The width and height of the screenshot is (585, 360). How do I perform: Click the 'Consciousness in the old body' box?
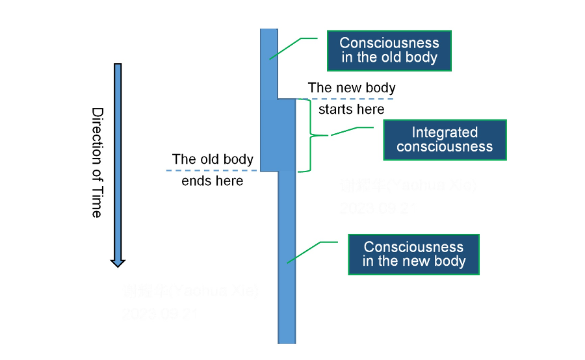tap(389, 50)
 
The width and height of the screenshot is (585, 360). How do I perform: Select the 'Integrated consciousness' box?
tap(445, 140)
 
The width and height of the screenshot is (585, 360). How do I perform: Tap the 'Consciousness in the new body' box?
tap(414, 254)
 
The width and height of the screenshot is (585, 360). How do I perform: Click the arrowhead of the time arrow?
tap(118, 262)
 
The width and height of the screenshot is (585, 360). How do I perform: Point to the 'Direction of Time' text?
tap(97, 162)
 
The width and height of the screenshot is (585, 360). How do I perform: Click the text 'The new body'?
tap(351, 87)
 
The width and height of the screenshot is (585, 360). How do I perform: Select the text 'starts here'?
tap(351, 109)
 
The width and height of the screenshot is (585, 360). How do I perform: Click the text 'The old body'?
tap(213, 159)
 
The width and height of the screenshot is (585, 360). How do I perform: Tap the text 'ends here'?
tap(213, 181)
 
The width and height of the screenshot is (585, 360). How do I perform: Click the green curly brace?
tap(310, 135)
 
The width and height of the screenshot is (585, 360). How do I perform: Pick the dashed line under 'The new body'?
tap(344, 99)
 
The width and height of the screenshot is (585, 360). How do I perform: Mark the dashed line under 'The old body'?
tap(214, 170)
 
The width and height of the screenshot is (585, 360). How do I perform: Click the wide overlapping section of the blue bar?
tap(278, 135)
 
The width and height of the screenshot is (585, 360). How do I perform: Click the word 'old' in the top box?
tap(398, 57)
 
